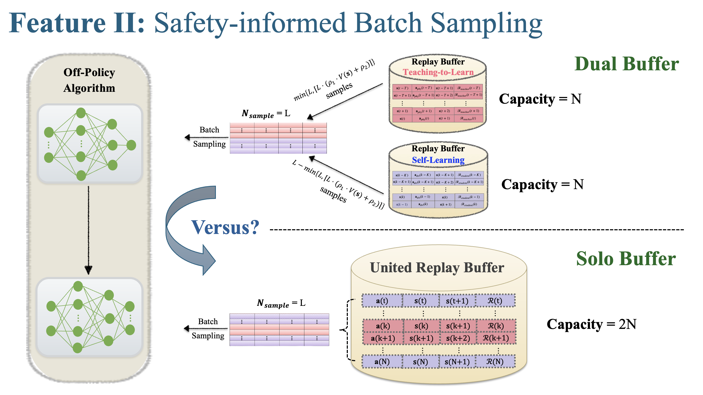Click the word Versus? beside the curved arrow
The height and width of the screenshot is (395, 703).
[x=225, y=227]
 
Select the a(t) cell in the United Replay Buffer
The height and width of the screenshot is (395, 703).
[x=382, y=301]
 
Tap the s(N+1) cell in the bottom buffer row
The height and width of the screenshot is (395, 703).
[x=457, y=362]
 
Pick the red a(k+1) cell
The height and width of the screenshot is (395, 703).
[x=383, y=338]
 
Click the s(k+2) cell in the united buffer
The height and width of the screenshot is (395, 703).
[x=458, y=338]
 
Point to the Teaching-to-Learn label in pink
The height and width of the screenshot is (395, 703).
[x=438, y=72]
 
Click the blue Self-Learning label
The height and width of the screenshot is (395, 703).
[x=438, y=160]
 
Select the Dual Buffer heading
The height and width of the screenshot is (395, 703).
[x=627, y=64]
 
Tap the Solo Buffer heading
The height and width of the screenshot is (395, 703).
[x=626, y=259]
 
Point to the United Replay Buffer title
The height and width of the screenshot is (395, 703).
[x=437, y=268]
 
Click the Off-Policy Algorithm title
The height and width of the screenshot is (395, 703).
[x=89, y=80]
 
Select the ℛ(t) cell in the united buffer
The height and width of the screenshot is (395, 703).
[x=495, y=301]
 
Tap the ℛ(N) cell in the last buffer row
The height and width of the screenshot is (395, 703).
[x=495, y=362]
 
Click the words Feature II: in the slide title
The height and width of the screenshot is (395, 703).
[x=76, y=23]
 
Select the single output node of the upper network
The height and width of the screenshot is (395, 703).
[x=131, y=145]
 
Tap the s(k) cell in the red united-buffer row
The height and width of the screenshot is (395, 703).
[x=421, y=326]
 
